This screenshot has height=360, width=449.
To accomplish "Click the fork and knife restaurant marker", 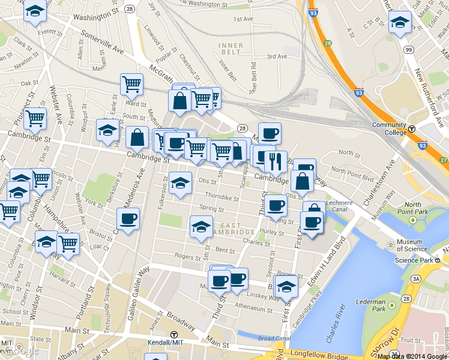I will click(276, 160).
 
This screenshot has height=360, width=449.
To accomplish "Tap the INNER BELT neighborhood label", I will click(231, 49).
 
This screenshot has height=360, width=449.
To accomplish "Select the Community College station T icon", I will click(412, 129).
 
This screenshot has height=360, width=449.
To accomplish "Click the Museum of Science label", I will click(411, 245).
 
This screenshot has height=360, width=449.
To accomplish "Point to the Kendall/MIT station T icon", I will click(173, 335).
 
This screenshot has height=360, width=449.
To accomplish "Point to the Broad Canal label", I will click(274, 338).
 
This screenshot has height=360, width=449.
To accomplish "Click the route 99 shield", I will click(409, 50).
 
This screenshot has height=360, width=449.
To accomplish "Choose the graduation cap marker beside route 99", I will click(400, 22).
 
